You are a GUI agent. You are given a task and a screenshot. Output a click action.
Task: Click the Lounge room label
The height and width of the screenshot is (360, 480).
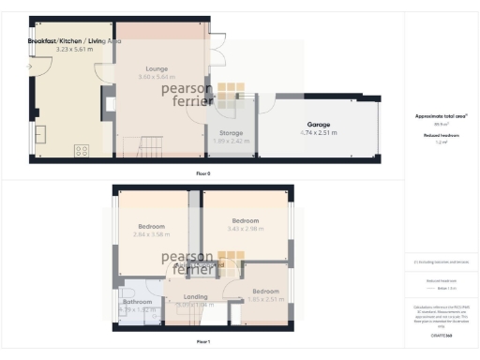point(157,68)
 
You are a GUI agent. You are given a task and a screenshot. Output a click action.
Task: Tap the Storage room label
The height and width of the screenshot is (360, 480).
point(232,133)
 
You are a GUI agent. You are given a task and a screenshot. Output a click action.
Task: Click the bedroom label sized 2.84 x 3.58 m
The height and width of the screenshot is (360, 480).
point(151,227)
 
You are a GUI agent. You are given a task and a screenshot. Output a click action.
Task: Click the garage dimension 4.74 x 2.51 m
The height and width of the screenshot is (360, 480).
point(321,133)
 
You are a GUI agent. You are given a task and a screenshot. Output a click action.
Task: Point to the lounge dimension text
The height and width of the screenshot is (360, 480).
point(157,78)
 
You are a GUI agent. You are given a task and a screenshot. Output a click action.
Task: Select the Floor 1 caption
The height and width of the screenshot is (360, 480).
point(203,342)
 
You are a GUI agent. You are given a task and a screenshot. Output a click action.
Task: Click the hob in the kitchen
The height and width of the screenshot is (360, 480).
point(79,149)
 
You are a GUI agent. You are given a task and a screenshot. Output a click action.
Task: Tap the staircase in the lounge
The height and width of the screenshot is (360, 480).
point(150,144)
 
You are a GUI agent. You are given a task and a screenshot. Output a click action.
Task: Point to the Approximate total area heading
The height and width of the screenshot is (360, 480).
point(441,116)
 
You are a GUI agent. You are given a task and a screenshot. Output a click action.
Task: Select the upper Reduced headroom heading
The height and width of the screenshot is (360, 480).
point(441,135)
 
